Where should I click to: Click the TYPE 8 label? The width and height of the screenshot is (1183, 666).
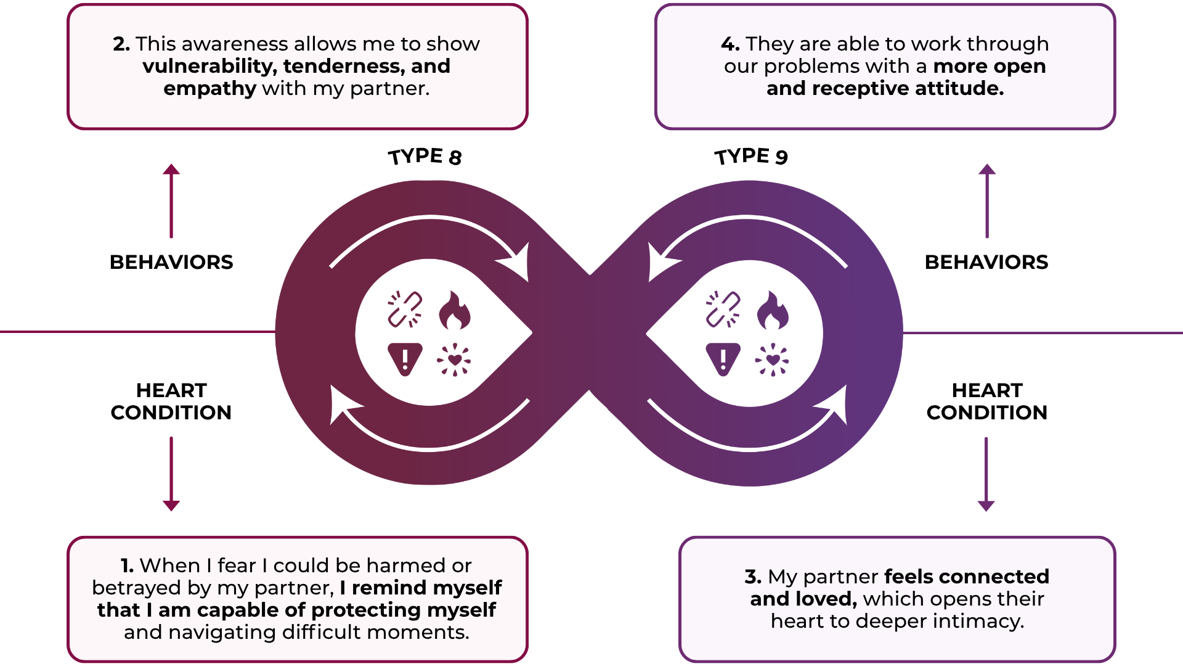coord(425,157)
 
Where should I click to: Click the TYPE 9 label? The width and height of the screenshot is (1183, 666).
coord(750,157)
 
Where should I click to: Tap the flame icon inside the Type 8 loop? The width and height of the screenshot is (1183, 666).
coord(455,310)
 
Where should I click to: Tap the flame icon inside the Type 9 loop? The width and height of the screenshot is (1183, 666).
coord(773,310)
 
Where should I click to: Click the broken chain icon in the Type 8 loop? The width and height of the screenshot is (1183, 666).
coord(405,309)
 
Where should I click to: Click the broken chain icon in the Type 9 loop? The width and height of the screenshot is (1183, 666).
coord(723,309)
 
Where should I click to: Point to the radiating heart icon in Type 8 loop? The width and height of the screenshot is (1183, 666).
coord(454,360)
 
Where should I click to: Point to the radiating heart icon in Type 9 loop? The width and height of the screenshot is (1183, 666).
coord(772,360)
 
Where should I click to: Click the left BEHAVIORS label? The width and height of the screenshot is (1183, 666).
coord(171,262)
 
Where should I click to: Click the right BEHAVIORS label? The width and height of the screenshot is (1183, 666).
coord(986,262)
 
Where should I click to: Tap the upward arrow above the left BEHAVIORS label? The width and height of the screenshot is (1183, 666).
coord(171,200)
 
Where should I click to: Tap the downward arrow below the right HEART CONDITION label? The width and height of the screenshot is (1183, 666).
coord(986,474)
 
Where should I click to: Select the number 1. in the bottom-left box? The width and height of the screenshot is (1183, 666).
coord(127,565)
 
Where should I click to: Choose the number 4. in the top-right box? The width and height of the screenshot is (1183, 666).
coord(730,44)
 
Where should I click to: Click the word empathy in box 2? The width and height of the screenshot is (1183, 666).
coord(209,89)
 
